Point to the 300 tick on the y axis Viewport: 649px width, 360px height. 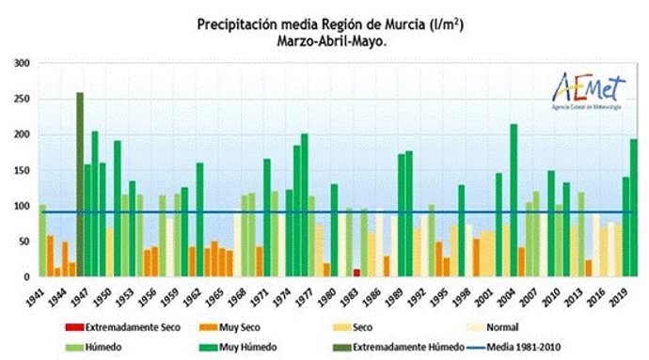(22, 63)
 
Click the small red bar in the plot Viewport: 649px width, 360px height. (356, 273)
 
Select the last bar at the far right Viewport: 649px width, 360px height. (633, 208)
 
